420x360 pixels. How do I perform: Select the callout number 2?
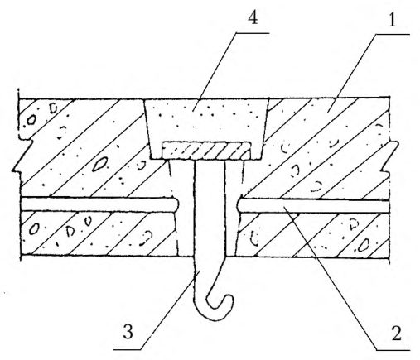click(396, 333)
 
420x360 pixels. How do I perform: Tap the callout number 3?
click(128, 332)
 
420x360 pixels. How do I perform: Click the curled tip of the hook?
click(229, 298)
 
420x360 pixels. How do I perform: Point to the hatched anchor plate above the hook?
click(206, 151)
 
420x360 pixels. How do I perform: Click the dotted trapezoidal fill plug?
click(205, 122)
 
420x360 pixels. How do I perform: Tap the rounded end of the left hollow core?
click(176, 204)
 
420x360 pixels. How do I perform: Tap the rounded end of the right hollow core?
click(240, 205)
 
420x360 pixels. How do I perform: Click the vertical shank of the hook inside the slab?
click(210, 209)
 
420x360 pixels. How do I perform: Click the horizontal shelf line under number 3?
click(128, 350)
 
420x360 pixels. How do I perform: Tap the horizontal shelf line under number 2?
click(393, 350)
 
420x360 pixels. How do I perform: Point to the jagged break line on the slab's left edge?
click(22, 155)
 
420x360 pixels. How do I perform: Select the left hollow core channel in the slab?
click(99, 204)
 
